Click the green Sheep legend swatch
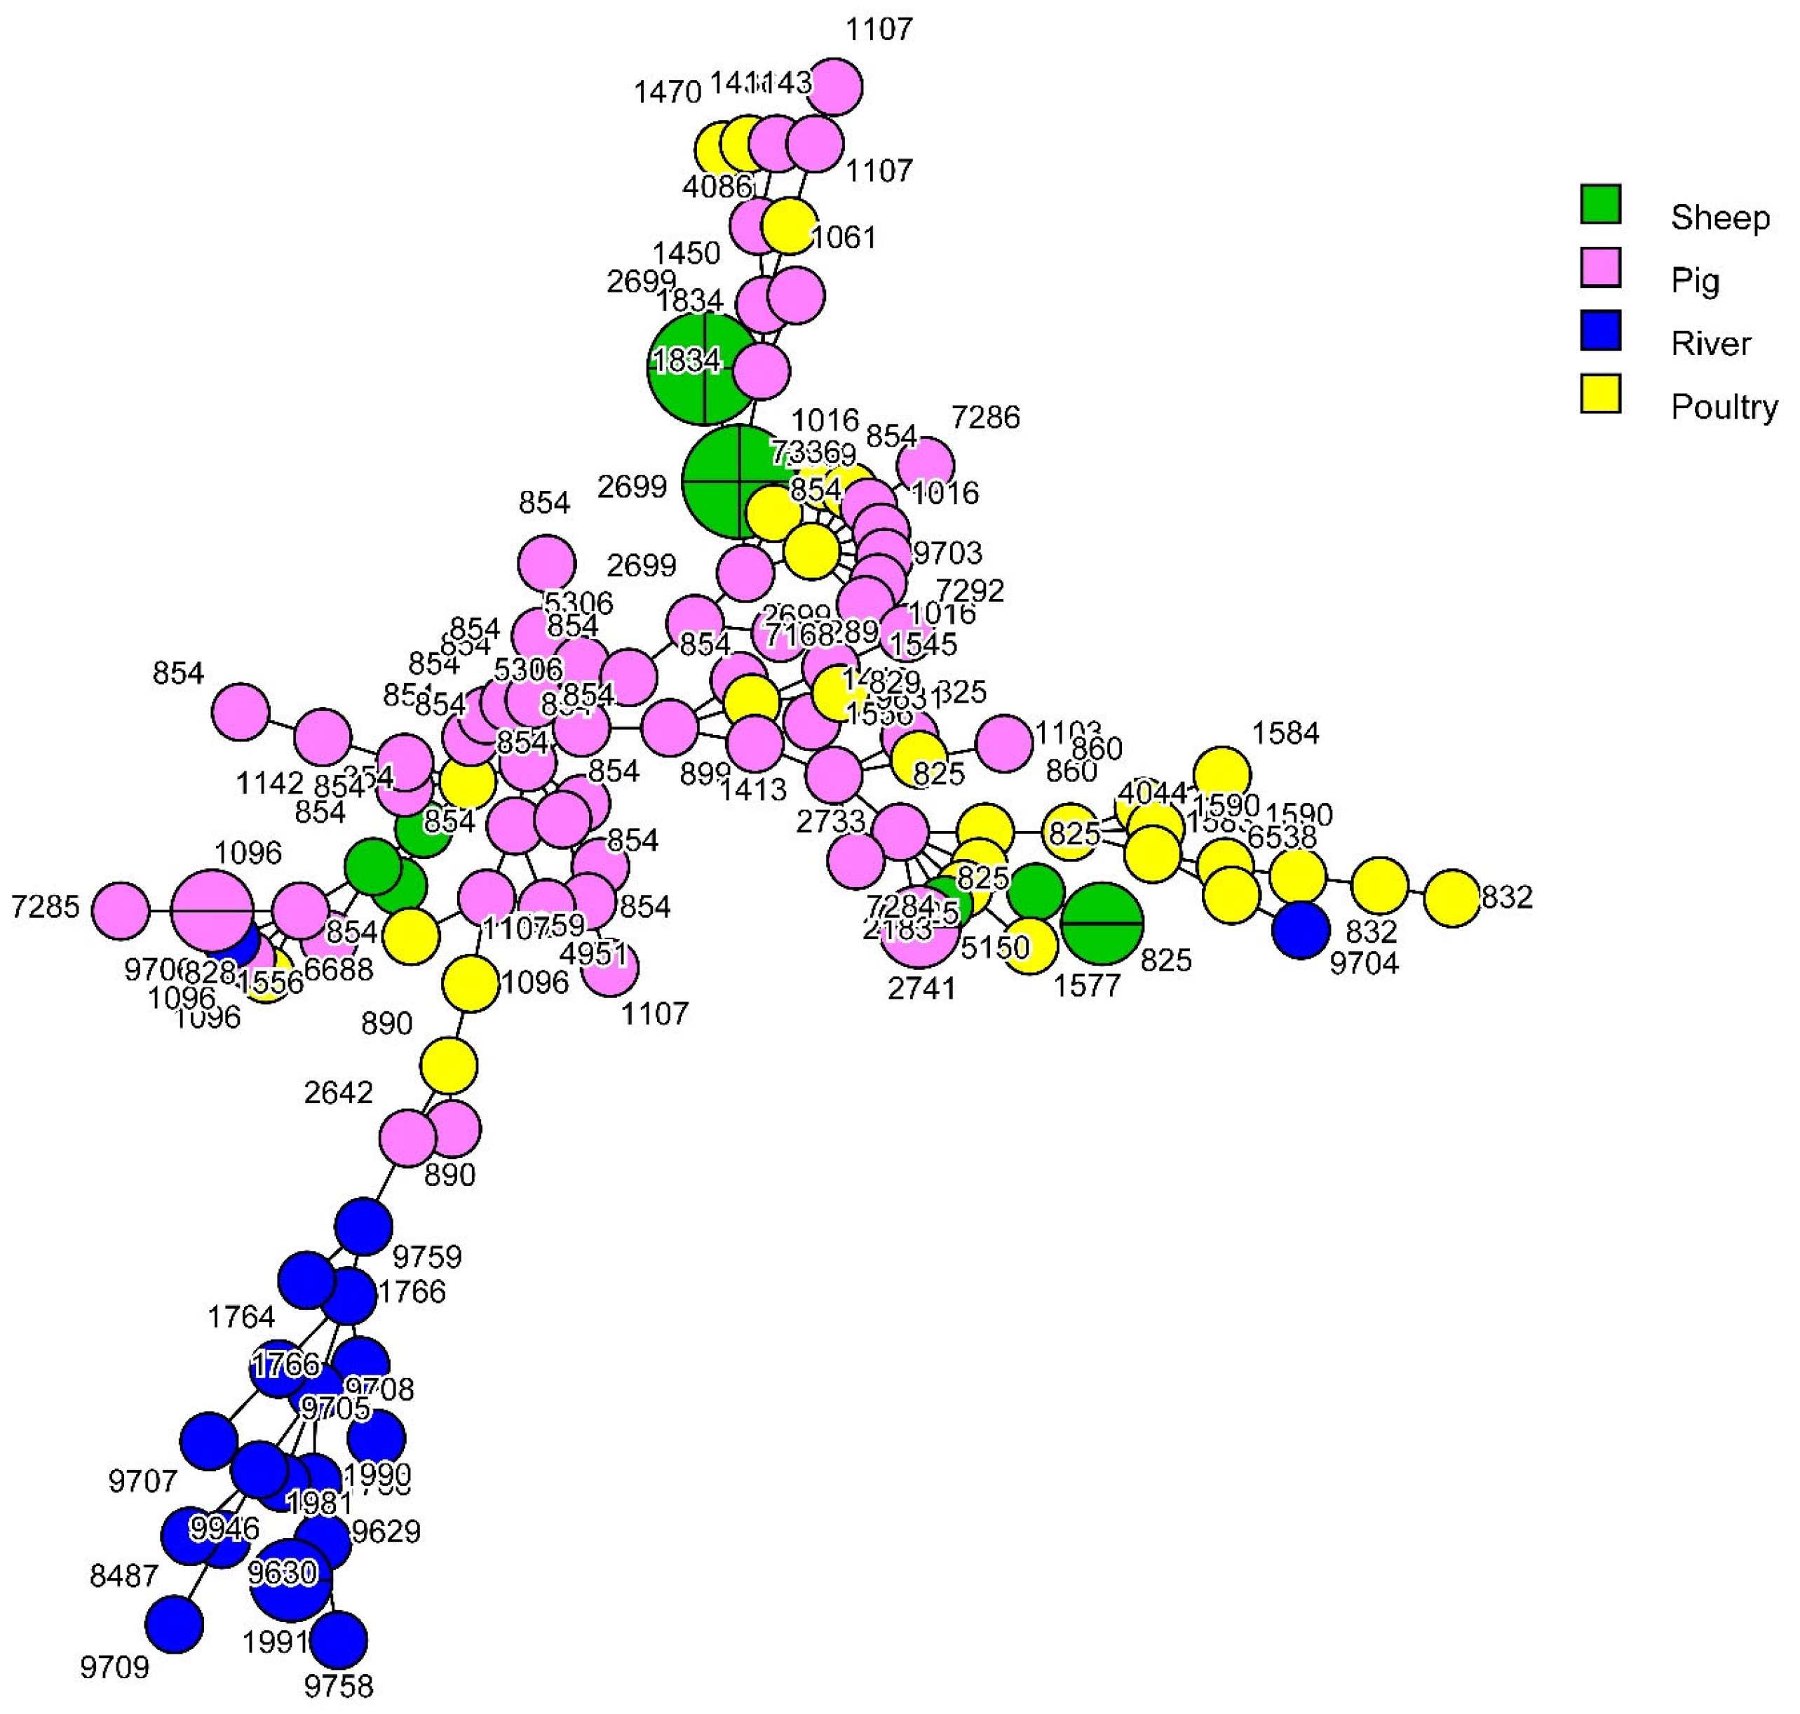pyautogui.click(x=1600, y=204)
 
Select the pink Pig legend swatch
pyautogui.click(x=1600, y=266)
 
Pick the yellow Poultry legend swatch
pyautogui.click(x=1600, y=393)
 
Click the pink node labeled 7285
pyautogui.click(x=121, y=910)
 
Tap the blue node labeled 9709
pyautogui.click(x=174, y=1624)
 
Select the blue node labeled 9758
pyautogui.click(x=338, y=1639)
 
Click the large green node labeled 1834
pyautogui.click(x=703, y=369)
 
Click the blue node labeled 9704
pyautogui.click(x=1300, y=929)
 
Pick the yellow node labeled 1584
pyautogui.click(x=1222, y=774)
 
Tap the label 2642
pyautogui.click(x=338, y=1092)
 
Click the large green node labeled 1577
pyautogui.click(x=1102, y=923)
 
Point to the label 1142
pyautogui.click(x=269, y=783)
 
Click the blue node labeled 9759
pyautogui.click(x=364, y=1226)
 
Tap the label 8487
pyautogui.click(x=123, y=1575)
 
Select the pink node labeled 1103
pyautogui.click(x=1004, y=743)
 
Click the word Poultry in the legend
pyautogui.click(x=1724, y=407)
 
